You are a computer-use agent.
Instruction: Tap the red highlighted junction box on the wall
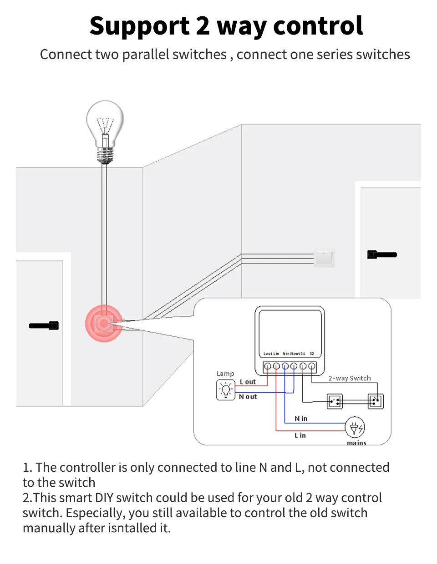104,324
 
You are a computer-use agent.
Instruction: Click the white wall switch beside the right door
324,257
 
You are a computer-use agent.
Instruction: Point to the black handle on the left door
44,325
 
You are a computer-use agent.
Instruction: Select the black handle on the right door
382,255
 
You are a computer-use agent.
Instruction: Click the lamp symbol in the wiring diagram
225,390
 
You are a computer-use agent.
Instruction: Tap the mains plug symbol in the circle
355,428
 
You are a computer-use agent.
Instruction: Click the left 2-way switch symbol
335,401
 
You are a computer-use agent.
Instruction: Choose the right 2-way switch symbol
376,401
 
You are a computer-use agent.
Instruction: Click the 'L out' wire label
248,382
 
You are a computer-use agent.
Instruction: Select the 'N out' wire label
248,397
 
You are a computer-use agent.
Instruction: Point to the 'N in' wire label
301,419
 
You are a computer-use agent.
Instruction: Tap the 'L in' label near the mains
300,435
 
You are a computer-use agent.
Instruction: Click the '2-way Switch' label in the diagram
350,378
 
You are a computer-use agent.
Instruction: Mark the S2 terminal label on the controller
312,354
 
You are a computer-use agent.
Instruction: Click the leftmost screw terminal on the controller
268,366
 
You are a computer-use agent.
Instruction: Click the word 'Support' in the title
139,26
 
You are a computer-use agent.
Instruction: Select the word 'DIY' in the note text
104,498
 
